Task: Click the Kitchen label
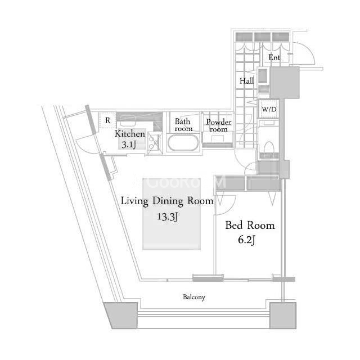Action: pos(130,134)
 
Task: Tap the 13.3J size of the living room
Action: pos(168,217)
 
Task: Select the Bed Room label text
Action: pos(250,225)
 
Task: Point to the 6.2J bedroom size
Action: pos(246,240)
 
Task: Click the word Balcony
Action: pos(193,297)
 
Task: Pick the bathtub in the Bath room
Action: pos(183,142)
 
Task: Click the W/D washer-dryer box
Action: pos(269,109)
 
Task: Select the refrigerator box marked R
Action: pos(107,120)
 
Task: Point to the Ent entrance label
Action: pos(274,57)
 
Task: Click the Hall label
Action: pos(246,81)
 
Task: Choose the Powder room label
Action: pos(218,125)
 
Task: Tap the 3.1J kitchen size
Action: pos(129,145)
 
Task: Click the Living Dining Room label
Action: pos(167,201)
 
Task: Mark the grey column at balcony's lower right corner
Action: pos(282,316)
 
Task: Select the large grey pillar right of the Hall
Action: pos(285,83)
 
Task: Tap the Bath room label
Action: pos(183,125)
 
